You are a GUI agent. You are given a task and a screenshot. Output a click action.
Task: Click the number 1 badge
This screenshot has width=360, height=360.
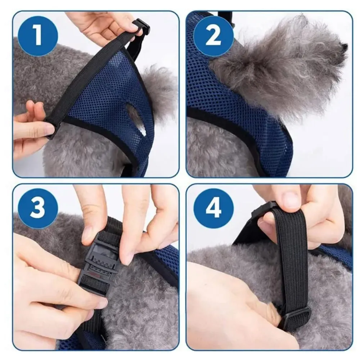click(x=38, y=36)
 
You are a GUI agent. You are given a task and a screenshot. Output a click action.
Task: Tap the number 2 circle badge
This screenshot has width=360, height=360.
click(x=213, y=36)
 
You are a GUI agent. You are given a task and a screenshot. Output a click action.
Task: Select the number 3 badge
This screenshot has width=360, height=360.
click(x=38, y=208)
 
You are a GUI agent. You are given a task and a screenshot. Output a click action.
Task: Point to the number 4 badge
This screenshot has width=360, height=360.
click(x=213, y=208)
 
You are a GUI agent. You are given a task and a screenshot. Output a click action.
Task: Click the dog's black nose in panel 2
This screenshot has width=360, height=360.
click(x=344, y=46)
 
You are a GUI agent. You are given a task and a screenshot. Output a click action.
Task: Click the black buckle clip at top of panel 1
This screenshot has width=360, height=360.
click(x=141, y=27)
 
